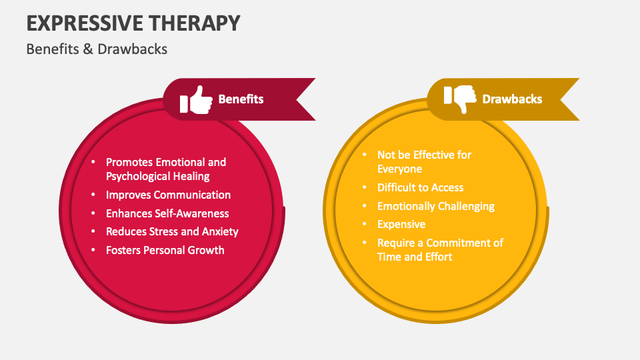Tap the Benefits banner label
coord(241,99)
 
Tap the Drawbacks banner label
coord(512,99)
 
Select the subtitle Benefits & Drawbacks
coord(97,49)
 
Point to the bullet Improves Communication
coord(168,195)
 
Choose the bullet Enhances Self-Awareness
coord(167,213)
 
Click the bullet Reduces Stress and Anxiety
coord(172,231)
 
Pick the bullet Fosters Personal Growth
coord(165,250)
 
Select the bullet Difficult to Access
coord(420,187)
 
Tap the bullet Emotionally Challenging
coord(436,206)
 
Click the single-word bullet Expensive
coord(401,224)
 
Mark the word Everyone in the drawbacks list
coord(399,169)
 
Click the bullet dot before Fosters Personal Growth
coord(93,250)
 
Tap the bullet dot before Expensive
coord(365,224)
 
